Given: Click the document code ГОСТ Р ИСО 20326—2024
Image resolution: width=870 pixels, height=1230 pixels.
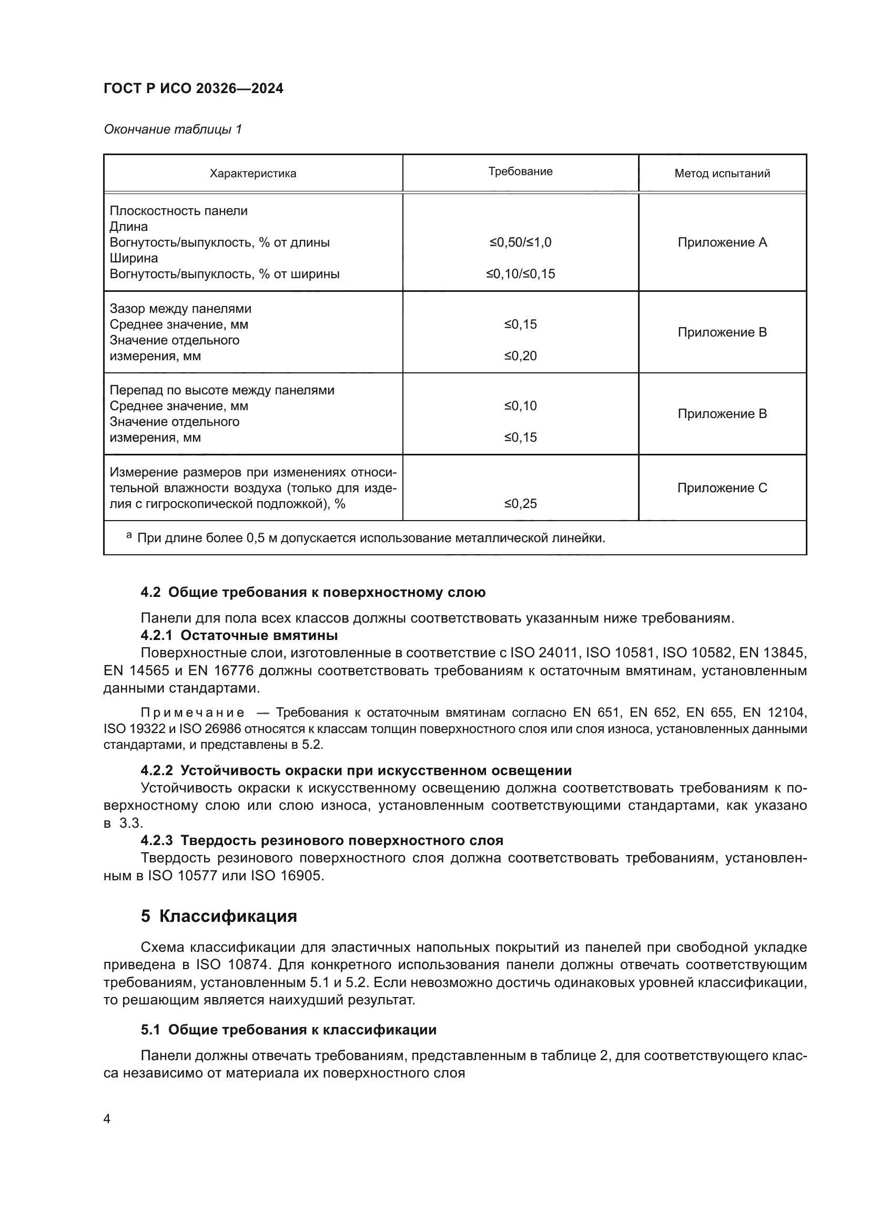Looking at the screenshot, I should coord(194,88).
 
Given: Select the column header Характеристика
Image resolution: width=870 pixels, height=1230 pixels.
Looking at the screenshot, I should coord(252,174).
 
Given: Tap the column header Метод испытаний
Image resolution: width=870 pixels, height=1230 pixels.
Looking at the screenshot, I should coord(722,174).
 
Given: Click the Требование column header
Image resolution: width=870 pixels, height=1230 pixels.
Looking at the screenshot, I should coord(520,171).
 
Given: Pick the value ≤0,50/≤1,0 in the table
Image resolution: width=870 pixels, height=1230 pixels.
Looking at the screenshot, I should coord(520,242).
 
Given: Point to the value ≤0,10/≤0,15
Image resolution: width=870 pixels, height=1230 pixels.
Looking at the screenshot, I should coord(520,275).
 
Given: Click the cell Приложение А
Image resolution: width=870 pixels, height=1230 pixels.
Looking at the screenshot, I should coord(722,242).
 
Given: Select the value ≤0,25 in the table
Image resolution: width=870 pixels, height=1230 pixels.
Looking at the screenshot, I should coord(520,504).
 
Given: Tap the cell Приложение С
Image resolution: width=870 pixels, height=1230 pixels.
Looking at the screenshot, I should coord(722,488).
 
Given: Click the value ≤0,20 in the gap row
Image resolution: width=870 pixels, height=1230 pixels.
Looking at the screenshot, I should coord(520,356).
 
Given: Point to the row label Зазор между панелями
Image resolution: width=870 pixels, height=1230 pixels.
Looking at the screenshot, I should coord(180,309).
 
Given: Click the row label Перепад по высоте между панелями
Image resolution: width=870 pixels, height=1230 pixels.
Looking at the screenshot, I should coord(222,391).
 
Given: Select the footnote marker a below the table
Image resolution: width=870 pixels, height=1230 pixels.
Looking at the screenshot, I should coord(128,535).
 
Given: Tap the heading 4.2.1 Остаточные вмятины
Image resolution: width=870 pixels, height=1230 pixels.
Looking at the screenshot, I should coord(239,636).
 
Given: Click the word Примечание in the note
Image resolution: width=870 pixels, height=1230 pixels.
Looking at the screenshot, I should coord(193,713).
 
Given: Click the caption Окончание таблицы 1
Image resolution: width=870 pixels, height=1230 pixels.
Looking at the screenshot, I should coord(173,130).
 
